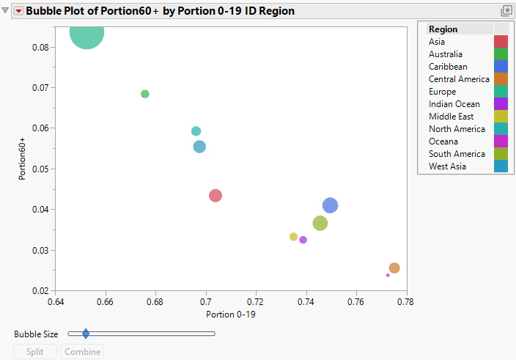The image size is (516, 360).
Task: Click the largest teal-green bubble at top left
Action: (86, 33)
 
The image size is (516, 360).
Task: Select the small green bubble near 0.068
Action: (145, 94)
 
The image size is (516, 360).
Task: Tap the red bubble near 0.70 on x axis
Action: (215, 196)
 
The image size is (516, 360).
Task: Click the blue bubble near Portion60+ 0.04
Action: (330, 205)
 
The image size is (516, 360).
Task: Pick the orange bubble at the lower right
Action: (394, 268)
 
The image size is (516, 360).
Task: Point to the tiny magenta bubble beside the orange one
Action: (388, 275)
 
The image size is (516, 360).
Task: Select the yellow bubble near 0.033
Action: (294, 237)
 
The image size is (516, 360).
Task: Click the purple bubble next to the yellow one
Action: (303, 240)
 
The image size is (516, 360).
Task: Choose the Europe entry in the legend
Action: (442, 92)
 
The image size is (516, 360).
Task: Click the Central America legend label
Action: (459, 79)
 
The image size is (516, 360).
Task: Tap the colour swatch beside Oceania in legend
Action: (501, 142)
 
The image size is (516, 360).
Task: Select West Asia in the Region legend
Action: (447, 166)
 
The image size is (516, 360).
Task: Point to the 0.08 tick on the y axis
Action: (40, 47)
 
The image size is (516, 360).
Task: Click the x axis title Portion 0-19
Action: (231, 315)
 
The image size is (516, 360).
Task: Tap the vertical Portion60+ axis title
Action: (23, 158)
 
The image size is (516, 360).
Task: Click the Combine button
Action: (82, 352)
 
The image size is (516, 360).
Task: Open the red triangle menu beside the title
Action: (18, 11)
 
